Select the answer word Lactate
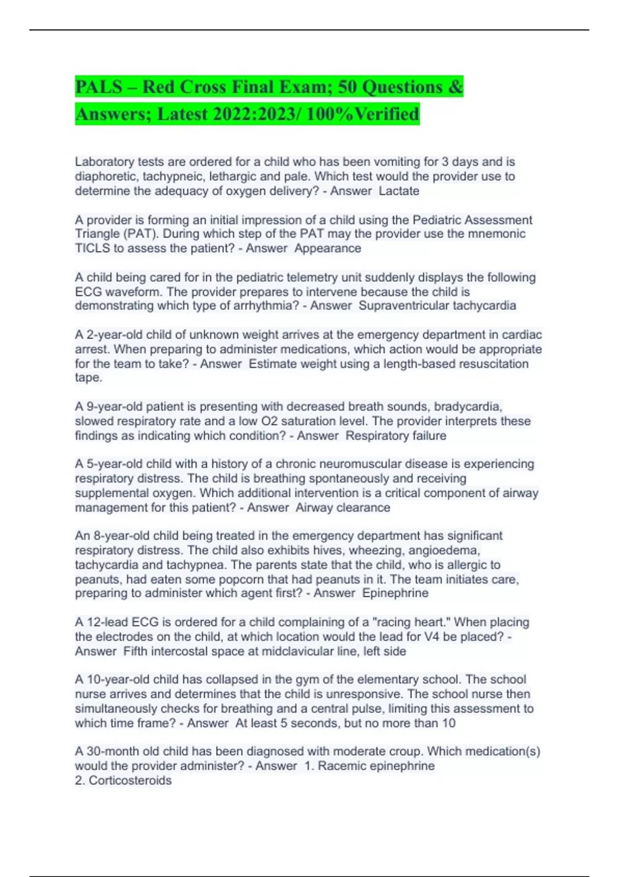[x=399, y=191]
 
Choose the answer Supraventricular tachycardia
[x=437, y=305]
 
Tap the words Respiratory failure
[x=396, y=435]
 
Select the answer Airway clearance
[x=343, y=508]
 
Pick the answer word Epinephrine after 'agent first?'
[x=395, y=593]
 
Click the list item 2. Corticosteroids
[x=123, y=780]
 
